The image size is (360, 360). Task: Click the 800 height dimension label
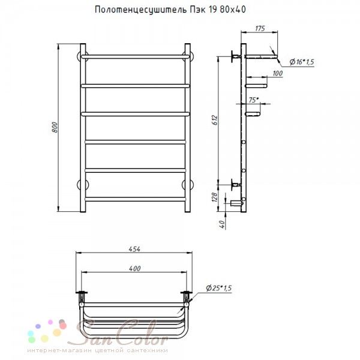pyautogui.click(x=55, y=127)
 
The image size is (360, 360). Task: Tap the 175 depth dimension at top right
pyautogui.click(x=260, y=28)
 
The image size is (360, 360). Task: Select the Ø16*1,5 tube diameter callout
pyautogui.click(x=302, y=62)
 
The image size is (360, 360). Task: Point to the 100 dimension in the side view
pyautogui.click(x=278, y=73)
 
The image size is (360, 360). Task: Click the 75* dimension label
pyautogui.click(x=254, y=100)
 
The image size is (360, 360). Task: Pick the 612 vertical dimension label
pyautogui.click(x=215, y=120)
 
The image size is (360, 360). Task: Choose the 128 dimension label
pyautogui.click(x=214, y=197)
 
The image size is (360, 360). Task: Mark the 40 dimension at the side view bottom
pyautogui.click(x=222, y=224)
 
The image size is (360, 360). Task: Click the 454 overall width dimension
pyautogui.click(x=134, y=249)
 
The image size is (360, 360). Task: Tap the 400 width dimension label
pyautogui.click(x=135, y=268)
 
